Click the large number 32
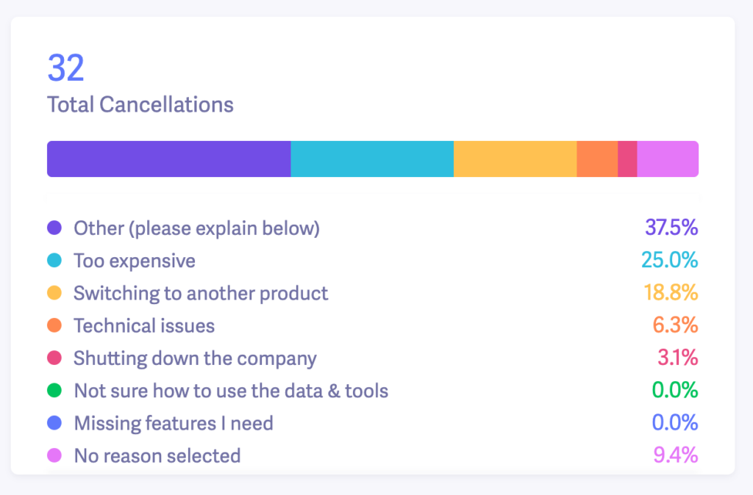66,68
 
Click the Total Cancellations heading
140,104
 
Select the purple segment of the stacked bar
168,159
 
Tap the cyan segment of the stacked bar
372,159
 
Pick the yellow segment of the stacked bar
515,159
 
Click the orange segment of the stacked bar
597,159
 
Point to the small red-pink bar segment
627,159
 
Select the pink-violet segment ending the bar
668,159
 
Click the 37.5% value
671,228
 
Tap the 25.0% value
671,261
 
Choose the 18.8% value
671,293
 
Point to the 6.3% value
675,325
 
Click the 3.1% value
677,358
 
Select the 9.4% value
675,455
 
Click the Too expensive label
135,261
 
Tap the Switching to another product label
201,293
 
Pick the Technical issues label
144,325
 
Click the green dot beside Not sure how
54,391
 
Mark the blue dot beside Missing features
54,423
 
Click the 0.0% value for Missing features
675,423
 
